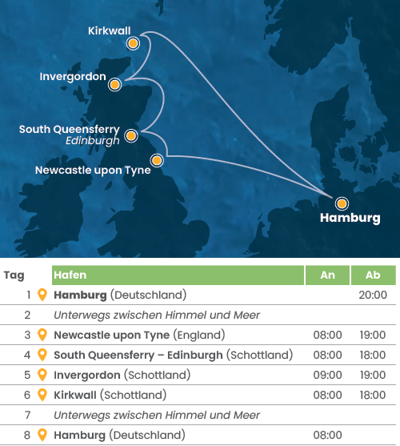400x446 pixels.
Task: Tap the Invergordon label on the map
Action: [x=73, y=76]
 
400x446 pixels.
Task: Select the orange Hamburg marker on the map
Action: [x=341, y=203]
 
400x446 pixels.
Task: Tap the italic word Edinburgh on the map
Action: [x=93, y=140]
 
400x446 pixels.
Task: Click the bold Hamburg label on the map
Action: [x=350, y=219]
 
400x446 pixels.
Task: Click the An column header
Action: [x=327, y=275]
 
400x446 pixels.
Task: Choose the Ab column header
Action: [x=373, y=275]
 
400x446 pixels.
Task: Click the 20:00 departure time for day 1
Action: [x=373, y=295]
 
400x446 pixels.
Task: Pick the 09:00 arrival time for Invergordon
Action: [x=327, y=375]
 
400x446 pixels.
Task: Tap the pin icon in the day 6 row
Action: [x=42, y=395]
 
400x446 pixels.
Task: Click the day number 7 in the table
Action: [x=27, y=415]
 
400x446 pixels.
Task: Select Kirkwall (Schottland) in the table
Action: [x=110, y=395]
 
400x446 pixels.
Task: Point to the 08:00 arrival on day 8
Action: [x=327, y=435]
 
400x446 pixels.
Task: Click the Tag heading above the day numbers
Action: [x=14, y=275]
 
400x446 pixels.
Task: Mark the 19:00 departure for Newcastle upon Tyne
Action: [x=373, y=335]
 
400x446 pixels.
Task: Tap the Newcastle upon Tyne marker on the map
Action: [x=158, y=160]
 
